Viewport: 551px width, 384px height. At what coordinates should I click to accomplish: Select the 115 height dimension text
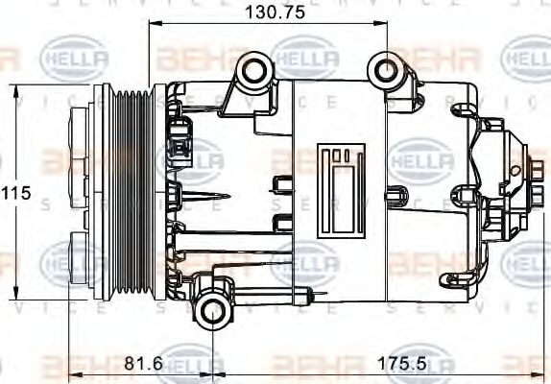[x=16, y=193]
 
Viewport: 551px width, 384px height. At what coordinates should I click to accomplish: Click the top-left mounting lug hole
[x=253, y=69]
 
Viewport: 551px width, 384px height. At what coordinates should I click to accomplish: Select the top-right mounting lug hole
[x=386, y=69]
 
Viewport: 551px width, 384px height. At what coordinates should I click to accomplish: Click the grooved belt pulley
[x=132, y=191]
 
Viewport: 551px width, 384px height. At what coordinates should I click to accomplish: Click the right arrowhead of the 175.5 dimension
[x=526, y=375]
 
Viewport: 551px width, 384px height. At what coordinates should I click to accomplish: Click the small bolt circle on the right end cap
[x=515, y=170]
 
